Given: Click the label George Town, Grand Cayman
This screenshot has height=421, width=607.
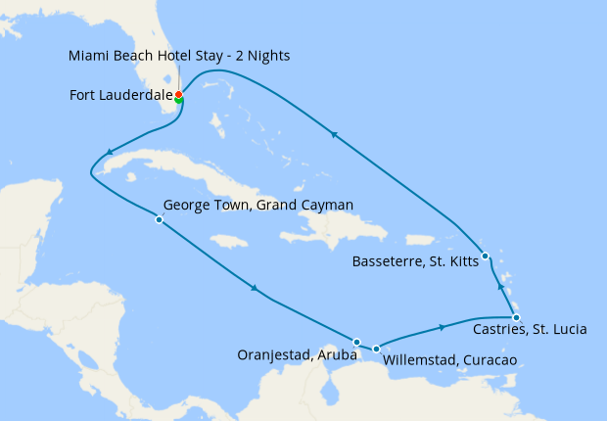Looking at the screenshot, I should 257,206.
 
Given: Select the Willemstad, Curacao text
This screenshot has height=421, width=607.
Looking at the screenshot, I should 449,360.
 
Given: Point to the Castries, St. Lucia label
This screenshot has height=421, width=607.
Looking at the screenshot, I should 530,330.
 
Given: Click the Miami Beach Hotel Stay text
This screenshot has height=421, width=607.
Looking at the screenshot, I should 179,56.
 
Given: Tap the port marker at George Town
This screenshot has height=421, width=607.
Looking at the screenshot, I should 159,220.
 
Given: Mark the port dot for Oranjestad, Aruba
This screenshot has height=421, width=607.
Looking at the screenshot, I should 356,342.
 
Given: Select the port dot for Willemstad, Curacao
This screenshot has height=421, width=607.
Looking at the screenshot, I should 376,348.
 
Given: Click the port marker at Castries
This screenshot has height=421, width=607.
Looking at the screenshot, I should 516,317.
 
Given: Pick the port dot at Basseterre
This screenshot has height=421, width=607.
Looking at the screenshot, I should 486,257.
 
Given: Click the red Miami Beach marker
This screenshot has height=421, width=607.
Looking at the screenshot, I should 178,94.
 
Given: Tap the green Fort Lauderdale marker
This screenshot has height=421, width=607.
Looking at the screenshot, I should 179,100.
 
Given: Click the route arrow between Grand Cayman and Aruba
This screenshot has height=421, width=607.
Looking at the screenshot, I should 255,288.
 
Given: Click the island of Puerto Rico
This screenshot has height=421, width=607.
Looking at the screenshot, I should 419,239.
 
